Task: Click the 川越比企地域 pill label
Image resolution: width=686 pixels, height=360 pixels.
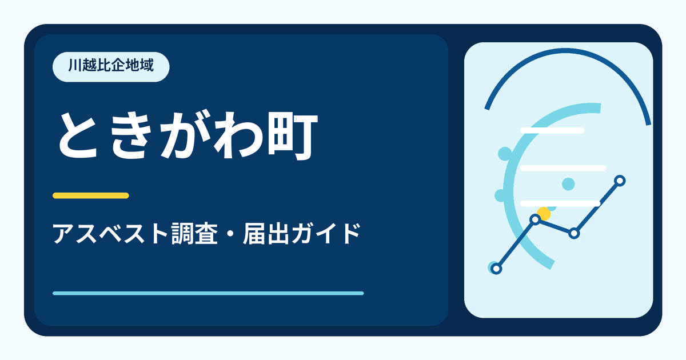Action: click(111, 67)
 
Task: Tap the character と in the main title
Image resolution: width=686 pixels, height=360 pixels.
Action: click(79, 135)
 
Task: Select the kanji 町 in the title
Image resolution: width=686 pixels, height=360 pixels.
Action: click(293, 137)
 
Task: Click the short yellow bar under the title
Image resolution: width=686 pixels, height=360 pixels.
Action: click(91, 195)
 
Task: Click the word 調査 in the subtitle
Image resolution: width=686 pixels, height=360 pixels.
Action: click(194, 234)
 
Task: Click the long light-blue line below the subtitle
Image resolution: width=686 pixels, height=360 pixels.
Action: click(208, 293)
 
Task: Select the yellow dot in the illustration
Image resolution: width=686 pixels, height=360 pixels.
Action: click(544, 213)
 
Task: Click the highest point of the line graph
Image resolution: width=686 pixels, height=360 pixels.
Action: click(620, 181)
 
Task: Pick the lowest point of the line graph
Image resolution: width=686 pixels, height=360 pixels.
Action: click(496, 269)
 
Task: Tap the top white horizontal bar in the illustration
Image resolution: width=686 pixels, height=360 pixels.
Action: click(552, 130)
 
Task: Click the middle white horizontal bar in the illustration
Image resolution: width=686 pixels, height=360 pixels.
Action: click(563, 168)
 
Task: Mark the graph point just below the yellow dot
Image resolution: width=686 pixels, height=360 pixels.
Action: click(535, 219)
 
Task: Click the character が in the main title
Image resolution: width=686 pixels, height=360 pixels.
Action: click(186, 135)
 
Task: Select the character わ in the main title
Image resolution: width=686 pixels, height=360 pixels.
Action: click(238, 135)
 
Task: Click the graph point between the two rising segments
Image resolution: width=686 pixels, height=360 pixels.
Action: click(574, 233)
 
